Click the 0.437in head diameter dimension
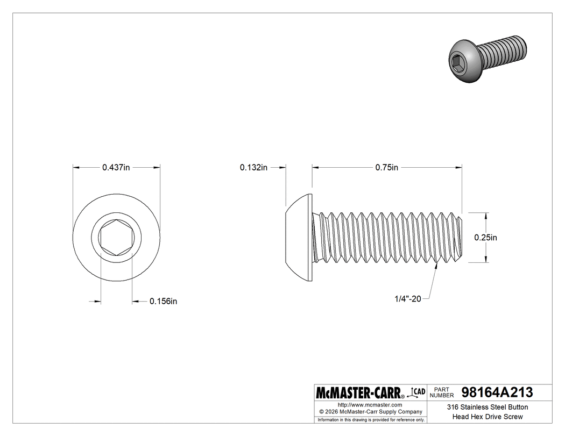pyautogui.click(x=116, y=168)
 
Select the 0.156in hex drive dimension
pyautogui.click(x=164, y=302)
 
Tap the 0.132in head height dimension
pyautogui.click(x=253, y=168)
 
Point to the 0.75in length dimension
pyautogui.click(x=387, y=168)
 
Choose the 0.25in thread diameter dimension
pyautogui.click(x=485, y=237)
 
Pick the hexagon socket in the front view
pyautogui.click(x=116, y=237)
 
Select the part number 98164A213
pyautogui.click(x=497, y=392)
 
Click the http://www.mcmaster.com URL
pyautogui.click(x=370, y=404)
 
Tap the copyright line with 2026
pyautogui.click(x=370, y=411)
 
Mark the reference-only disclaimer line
pyautogui.click(x=370, y=419)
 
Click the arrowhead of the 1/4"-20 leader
pyautogui.click(x=435, y=265)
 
